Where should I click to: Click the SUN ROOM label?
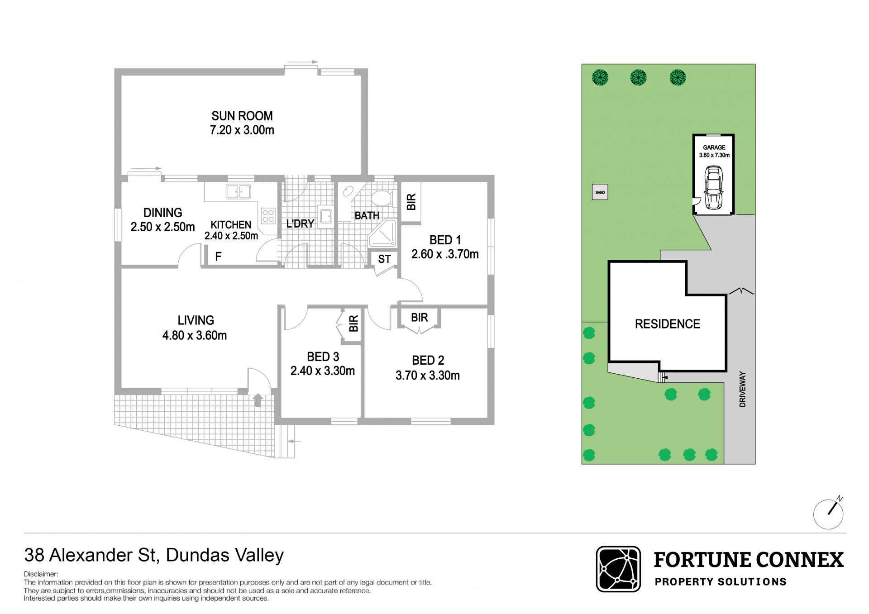[242, 116]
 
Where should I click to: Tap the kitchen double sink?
[239, 191]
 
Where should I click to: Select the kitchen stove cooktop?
[268, 215]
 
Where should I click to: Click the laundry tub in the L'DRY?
[326, 216]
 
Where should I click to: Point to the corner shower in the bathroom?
[383, 233]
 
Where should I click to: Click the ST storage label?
[384, 259]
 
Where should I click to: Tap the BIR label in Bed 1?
[411, 202]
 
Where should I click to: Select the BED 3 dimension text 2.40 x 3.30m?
[322, 371]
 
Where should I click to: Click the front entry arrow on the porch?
[258, 400]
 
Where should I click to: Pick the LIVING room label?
[196, 320]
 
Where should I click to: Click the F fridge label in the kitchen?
[218, 257]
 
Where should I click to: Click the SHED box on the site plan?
[600, 192]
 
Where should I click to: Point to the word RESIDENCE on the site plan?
[668, 324]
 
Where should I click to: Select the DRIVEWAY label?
[742, 389]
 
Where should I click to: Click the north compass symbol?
[829, 513]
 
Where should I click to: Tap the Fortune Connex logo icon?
[618, 569]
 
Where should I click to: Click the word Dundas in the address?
[196, 555]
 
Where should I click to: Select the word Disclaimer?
[41, 574]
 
